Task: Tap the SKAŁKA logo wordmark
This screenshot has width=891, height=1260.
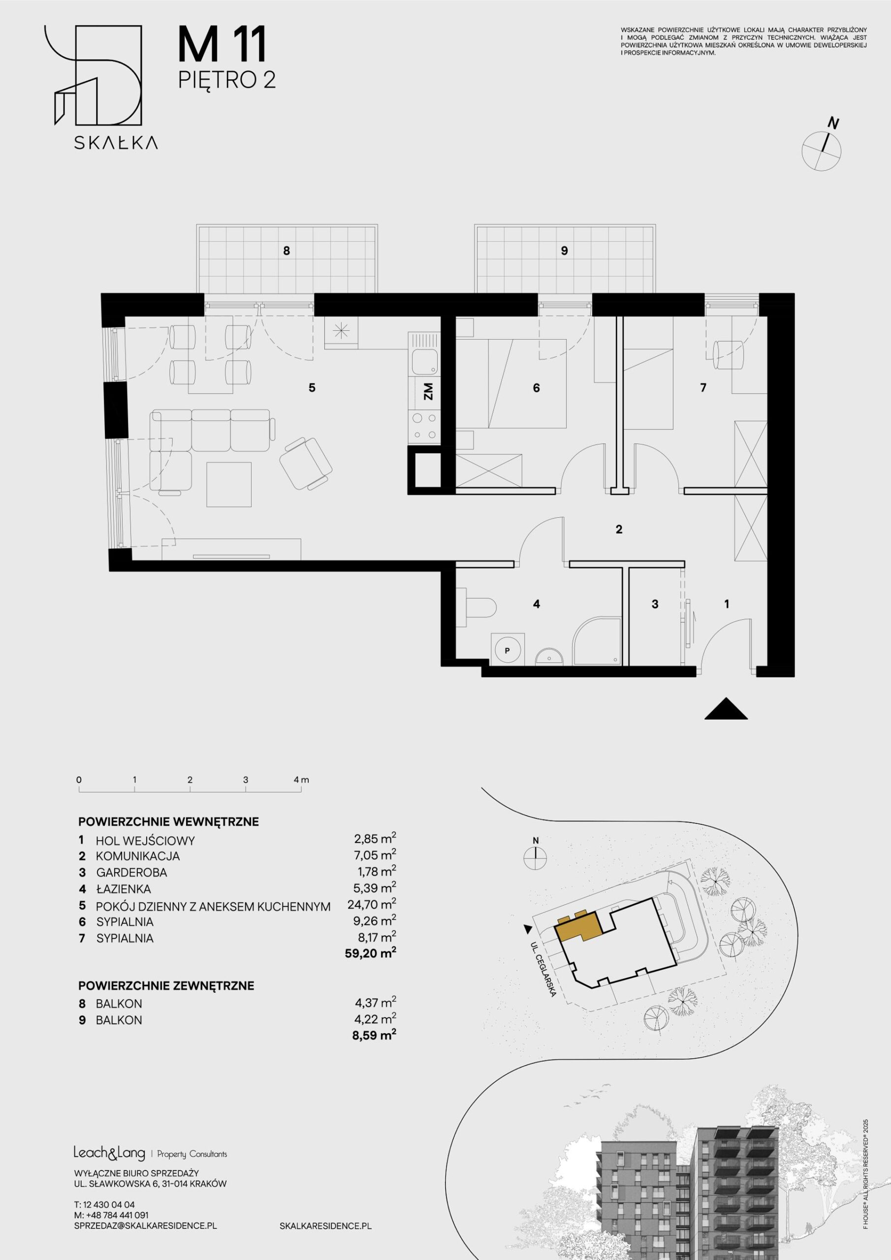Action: click(116, 143)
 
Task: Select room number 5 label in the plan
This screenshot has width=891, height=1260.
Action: click(312, 388)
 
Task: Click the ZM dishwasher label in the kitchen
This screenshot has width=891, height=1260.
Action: click(428, 391)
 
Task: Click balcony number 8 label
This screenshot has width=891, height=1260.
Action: click(286, 251)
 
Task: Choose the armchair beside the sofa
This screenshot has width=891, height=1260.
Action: click(306, 463)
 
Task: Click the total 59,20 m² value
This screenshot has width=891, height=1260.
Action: click(371, 953)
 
